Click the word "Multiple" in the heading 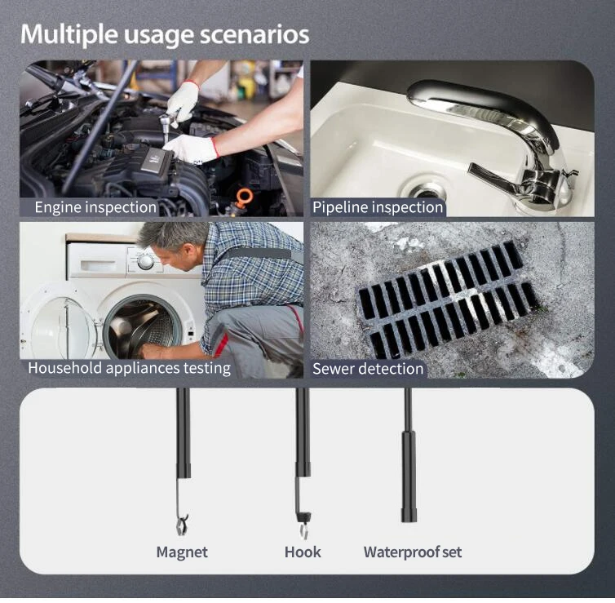(x=69, y=34)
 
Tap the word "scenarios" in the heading (x=254, y=34)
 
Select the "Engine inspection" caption (x=95, y=207)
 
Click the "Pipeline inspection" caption (x=378, y=207)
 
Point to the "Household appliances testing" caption (x=130, y=368)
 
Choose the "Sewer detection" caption (x=368, y=369)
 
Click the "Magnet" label (x=182, y=552)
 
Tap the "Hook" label (x=303, y=552)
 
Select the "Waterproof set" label (x=413, y=552)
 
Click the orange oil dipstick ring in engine (x=244, y=194)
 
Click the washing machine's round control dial (x=145, y=261)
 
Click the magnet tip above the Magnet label (x=182, y=525)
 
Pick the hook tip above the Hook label (x=304, y=525)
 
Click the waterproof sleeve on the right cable (x=409, y=477)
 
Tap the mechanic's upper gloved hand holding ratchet (x=184, y=100)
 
